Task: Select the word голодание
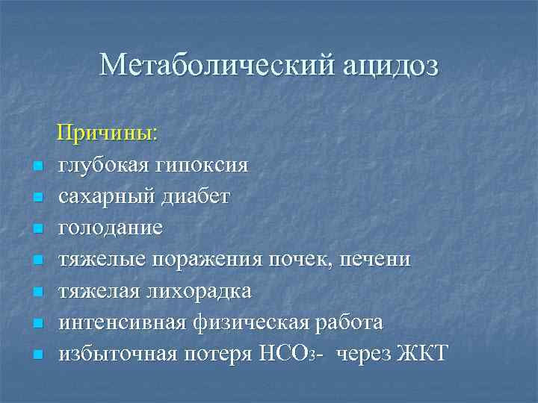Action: [111, 228]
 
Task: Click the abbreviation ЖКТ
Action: [424, 354]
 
